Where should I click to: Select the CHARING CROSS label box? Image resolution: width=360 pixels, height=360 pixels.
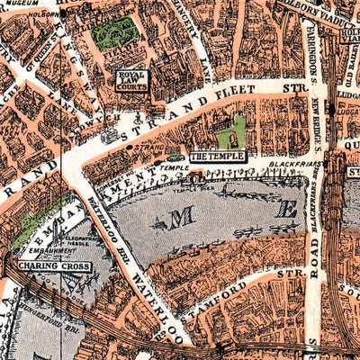point(49,266)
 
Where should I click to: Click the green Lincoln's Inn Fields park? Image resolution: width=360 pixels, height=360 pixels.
point(115,32)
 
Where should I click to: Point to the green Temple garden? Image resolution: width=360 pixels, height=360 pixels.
point(231,132)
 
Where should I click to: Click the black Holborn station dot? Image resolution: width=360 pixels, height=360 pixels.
point(63,14)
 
